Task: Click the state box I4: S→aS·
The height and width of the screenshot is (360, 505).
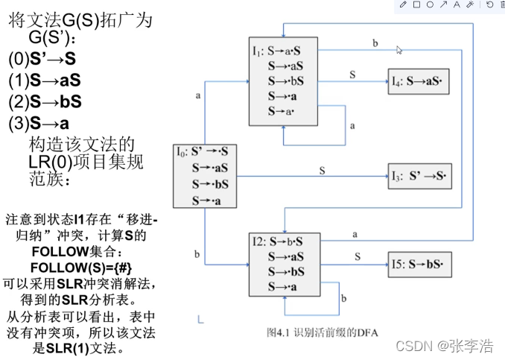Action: click(x=420, y=80)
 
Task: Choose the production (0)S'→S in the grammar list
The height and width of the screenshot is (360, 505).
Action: click(x=42, y=57)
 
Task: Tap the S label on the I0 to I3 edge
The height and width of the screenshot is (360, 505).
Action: click(x=323, y=170)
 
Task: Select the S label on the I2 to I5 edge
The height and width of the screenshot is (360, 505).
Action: click(x=358, y=256)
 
